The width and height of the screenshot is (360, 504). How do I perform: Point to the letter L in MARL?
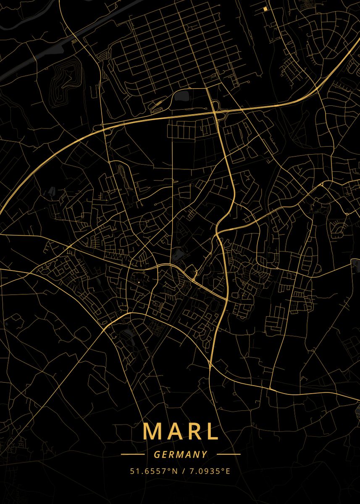pos(212,431)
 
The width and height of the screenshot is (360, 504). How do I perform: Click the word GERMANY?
pos(181,454)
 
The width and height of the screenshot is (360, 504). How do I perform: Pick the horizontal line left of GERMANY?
pos(132,454)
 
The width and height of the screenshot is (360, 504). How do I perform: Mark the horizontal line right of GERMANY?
pos(229,454)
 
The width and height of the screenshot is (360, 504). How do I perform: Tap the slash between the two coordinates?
pos(181,471)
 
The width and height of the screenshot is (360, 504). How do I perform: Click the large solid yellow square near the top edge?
pos(265,8)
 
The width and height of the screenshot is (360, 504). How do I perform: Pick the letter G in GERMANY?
pos(157,454)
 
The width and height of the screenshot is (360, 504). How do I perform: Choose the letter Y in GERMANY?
pos(205,454)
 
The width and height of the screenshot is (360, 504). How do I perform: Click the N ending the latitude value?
pos(171,471)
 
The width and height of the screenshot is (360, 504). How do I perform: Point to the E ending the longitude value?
pos(228,471)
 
